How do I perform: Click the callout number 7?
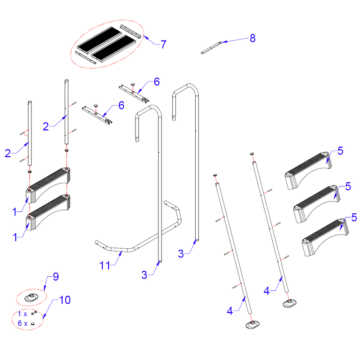click(163, 44)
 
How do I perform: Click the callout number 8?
click(252, 38)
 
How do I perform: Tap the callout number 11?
click(105, 265)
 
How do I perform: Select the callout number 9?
click(56, 277)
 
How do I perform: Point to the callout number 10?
click(65, 300)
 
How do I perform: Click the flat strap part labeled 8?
click(211, 48)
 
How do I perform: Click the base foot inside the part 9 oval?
click(31, 297)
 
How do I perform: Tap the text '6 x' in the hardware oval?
click(22, 323)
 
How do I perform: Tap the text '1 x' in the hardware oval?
click(22, 314)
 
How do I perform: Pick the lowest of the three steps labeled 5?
click(325, 237)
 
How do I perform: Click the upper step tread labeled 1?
click(48, 185)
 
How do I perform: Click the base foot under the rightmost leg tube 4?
click(289, 303)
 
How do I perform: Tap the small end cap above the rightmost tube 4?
click(252, 153)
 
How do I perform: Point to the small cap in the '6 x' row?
click(32, 324)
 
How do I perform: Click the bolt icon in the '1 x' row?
click(34, 313)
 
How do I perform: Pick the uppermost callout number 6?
click(157, 82)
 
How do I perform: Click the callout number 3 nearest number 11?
click(144, 275)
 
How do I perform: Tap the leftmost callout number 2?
click(8, 153)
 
